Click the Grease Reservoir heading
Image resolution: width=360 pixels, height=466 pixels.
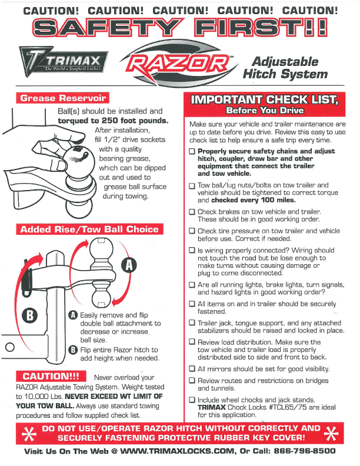click(x=62, y=98)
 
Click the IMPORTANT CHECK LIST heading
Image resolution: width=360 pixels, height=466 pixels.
click(x=265, y=99)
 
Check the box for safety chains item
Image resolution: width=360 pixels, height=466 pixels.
click(x=192, y=151)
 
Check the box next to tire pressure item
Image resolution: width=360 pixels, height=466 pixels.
click(x=192, y=231)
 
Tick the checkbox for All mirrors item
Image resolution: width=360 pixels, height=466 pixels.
click(x=192, y=369)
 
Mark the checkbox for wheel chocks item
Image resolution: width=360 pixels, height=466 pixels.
click(x=192, y=400)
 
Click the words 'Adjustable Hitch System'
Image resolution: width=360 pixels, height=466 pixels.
click(x=284, y=68)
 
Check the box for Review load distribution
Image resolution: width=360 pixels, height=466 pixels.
click(x=192, y=342)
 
